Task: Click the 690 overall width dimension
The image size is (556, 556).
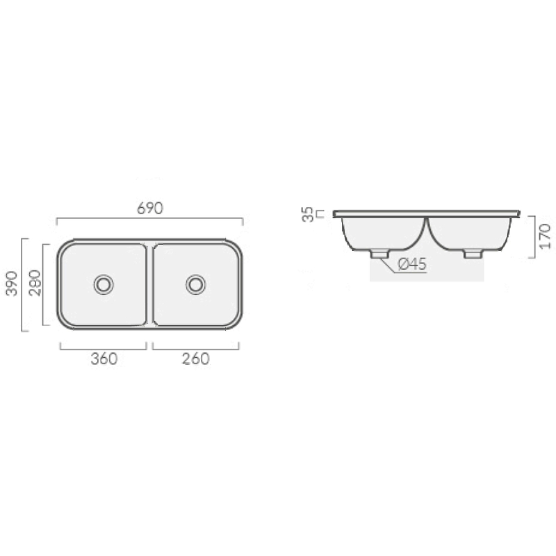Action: click(150, 208)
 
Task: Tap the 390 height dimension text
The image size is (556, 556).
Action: click(12, 284)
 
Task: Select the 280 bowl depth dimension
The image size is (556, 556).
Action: click(35, 283)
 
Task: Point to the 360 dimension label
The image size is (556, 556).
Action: click(104, 359)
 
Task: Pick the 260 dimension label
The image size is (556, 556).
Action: click(196, 359)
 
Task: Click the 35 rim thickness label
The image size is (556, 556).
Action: click(308, 215)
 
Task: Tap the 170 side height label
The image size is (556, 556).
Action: click(546, 236)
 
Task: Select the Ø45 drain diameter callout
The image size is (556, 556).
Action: click(412, 264)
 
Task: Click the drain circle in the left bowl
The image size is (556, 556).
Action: click(104, 285)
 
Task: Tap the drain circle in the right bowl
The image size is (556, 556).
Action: click(196, 284)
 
